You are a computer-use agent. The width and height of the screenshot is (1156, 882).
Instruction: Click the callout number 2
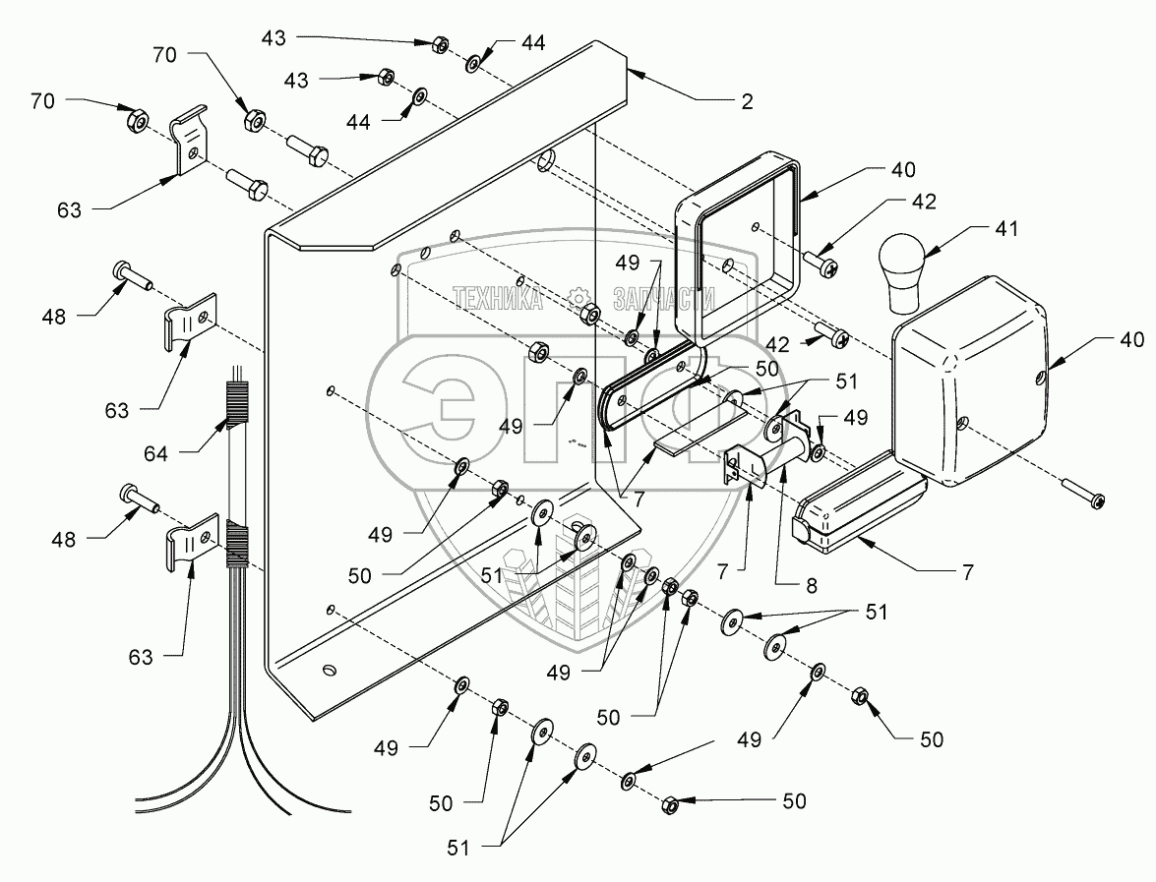747,101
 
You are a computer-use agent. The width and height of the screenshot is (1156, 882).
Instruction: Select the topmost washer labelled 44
474,63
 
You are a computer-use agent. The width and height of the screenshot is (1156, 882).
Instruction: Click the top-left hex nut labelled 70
138,121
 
